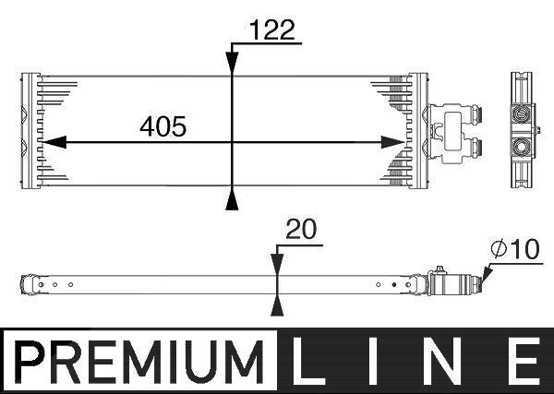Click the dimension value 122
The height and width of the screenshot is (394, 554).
click(272, 30)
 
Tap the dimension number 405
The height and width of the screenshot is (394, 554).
click(163, 126)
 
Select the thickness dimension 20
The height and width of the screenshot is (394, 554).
click(301, 229)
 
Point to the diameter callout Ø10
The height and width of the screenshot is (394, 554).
click(515, 249)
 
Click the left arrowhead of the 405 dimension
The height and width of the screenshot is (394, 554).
click(54, 142)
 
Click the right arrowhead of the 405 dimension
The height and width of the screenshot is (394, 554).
click(393, 142)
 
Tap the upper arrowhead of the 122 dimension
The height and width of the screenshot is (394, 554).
click(232, 62)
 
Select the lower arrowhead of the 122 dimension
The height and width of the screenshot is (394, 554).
click(232, 199)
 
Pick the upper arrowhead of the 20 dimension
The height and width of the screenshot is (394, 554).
click(277, 264)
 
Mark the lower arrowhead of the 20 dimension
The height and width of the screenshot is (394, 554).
click(277, 305)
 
